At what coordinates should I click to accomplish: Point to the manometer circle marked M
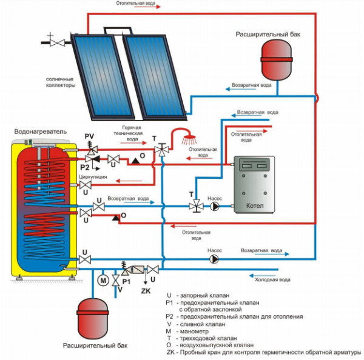pyautogui.click(x=103, y=281)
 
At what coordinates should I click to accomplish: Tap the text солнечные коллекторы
pyautogui.click(x=61, y=82)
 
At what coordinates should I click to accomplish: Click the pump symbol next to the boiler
pyautogui.click(x=215, y=206)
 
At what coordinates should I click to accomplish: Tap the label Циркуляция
pyautogui.click(x=93, y=176)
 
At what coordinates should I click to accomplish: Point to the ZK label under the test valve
pyautogui.click(x=145, y=291)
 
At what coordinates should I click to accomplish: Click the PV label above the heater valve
pyautogui.click(x=89, y=135)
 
